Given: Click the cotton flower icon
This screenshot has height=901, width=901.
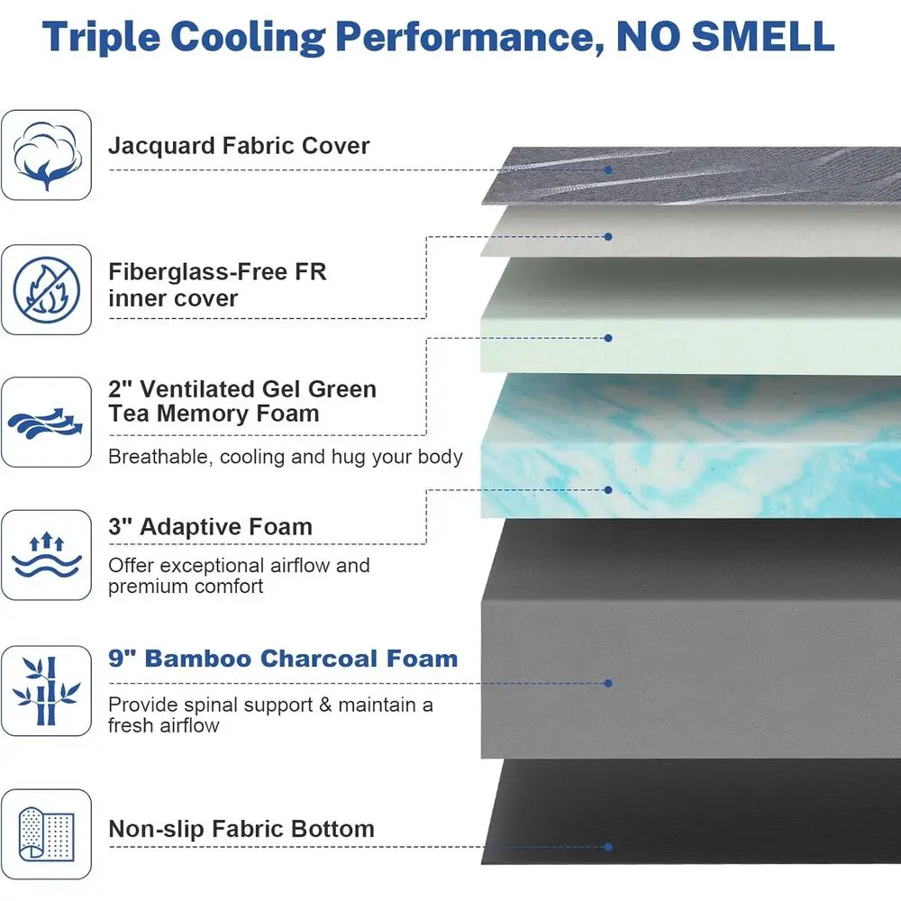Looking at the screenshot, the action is point(46,155).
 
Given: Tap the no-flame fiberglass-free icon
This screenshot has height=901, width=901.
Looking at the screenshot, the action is point(46,289).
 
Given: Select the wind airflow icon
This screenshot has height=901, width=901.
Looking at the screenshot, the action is point(45,423).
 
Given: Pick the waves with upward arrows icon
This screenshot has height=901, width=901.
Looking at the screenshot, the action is point(47,555).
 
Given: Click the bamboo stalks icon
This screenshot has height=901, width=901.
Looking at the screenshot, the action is point(46,691).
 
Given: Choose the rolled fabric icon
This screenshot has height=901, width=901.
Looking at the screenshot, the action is point(47,834).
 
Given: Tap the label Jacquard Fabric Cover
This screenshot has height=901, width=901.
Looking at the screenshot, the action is point(239,146).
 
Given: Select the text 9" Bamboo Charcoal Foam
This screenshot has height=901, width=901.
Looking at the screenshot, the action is point(283,659).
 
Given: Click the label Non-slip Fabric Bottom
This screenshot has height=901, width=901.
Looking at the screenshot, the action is point(241,829).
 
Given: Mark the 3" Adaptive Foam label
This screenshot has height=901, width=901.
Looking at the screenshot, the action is point(210,526).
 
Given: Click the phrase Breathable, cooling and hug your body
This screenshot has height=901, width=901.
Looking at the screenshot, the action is point(286,457).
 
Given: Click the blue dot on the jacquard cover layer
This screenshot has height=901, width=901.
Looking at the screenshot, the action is point(608,170).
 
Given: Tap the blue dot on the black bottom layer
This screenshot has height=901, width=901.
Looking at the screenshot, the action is point(608,846).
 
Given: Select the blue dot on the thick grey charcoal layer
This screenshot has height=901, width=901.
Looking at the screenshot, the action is point(608,683).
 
